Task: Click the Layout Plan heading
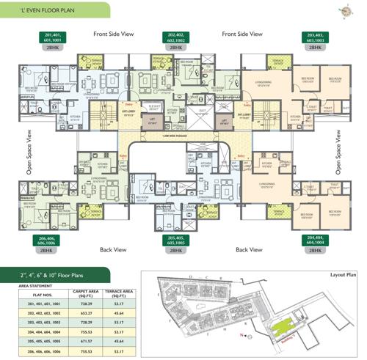tap(341, 276)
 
